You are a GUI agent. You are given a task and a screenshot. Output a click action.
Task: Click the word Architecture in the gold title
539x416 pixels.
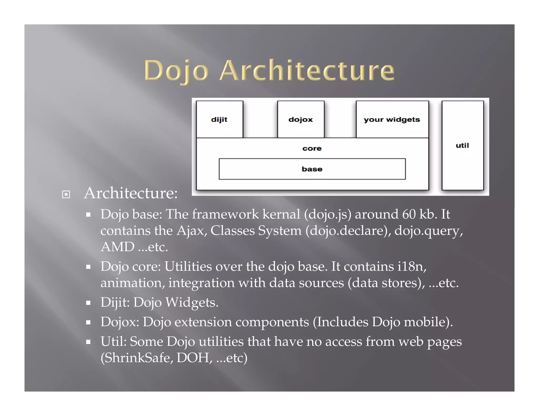(x=307, y=70)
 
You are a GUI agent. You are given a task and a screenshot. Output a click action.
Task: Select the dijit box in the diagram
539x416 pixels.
(x=219, y=119)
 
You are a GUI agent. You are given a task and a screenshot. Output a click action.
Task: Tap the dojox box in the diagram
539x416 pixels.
(x=301, y=119)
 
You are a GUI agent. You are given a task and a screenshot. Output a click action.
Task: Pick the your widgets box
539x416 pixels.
(x=392, y=119)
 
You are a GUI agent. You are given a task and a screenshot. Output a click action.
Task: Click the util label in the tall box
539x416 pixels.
(x=462, y=145)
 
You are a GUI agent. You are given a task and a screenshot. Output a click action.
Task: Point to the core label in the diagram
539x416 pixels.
(x=312, y=149)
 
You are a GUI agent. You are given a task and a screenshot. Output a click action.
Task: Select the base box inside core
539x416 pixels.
(x=312, y=169)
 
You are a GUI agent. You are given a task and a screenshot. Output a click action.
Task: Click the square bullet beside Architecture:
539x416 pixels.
(x=66, y=194)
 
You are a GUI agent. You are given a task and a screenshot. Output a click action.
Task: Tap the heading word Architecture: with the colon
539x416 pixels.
(x=131, y=193)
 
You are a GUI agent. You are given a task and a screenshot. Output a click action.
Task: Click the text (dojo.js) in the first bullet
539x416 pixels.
(x=328, y=214)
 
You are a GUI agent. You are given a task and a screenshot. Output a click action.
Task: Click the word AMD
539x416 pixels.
(x=118, y=247)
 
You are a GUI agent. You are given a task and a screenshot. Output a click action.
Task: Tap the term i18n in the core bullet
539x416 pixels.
(x=412, y=266)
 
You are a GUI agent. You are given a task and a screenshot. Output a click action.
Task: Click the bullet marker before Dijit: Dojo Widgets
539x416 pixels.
(x=88, y=303)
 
